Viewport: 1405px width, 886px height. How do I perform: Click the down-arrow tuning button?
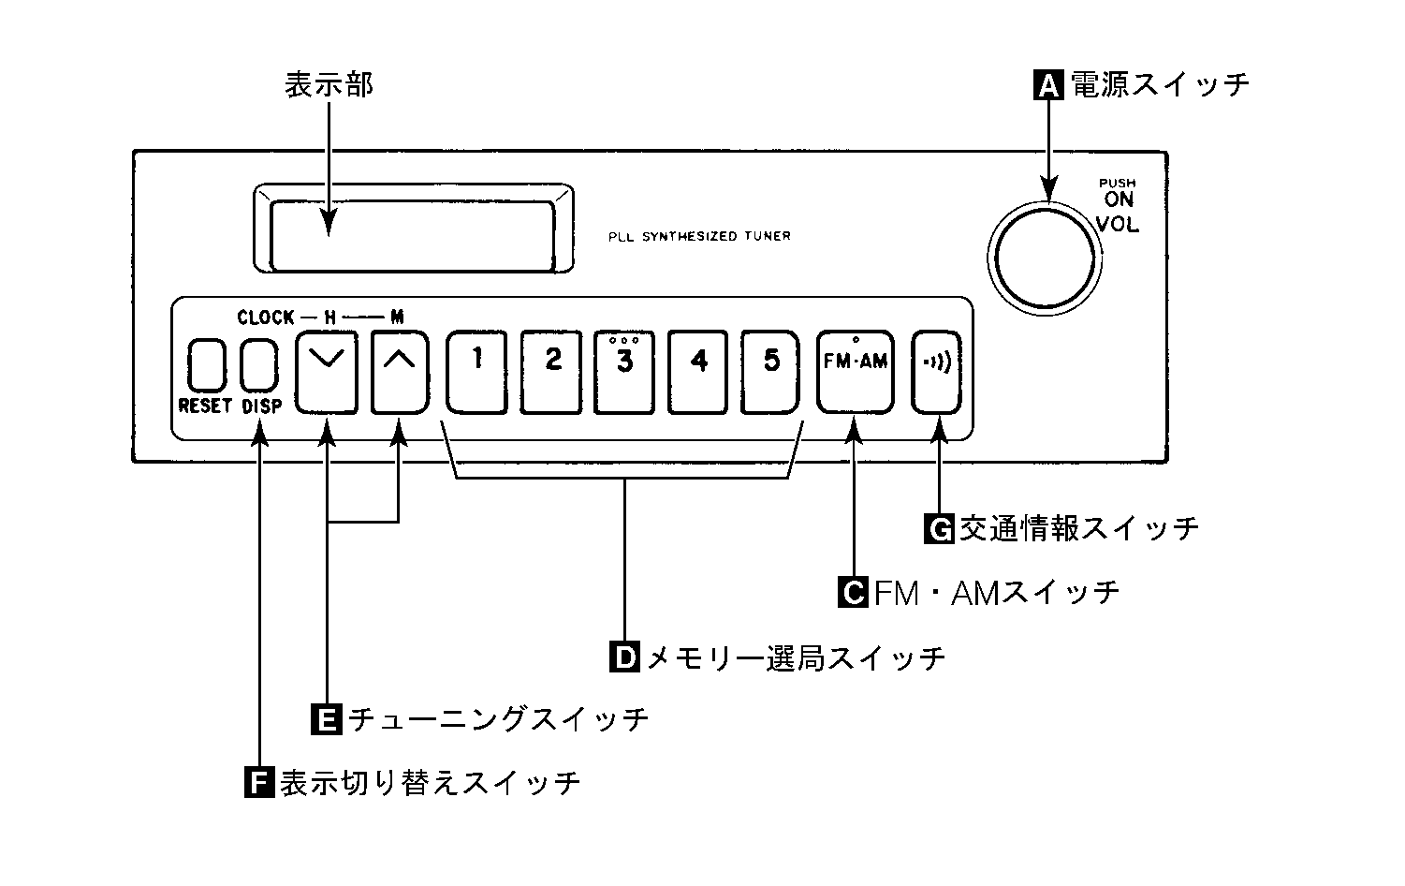(x=327, y=372)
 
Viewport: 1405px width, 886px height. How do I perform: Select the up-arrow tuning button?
(x=400, y=372)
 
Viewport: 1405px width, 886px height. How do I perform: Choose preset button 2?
(x=551, y=371)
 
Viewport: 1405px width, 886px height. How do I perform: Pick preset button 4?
(x=698, y=371)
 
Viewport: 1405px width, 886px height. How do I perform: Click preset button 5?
(x=771, y=371)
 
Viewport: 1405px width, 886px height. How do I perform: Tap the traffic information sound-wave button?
(x=937, y=371)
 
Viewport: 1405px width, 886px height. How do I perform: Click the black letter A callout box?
(x=1048, y=85)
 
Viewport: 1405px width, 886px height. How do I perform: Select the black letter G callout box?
(x=939, y=529)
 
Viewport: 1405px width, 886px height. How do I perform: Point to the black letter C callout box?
(x=853, y=592)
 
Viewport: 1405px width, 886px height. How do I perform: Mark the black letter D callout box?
(x=623, y=657)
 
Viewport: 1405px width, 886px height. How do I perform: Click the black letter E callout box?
(x=325, y=719)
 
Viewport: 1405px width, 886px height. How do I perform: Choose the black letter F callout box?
(x=259, y=782)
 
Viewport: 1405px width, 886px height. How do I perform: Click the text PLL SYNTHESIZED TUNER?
(x=698, y=236)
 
